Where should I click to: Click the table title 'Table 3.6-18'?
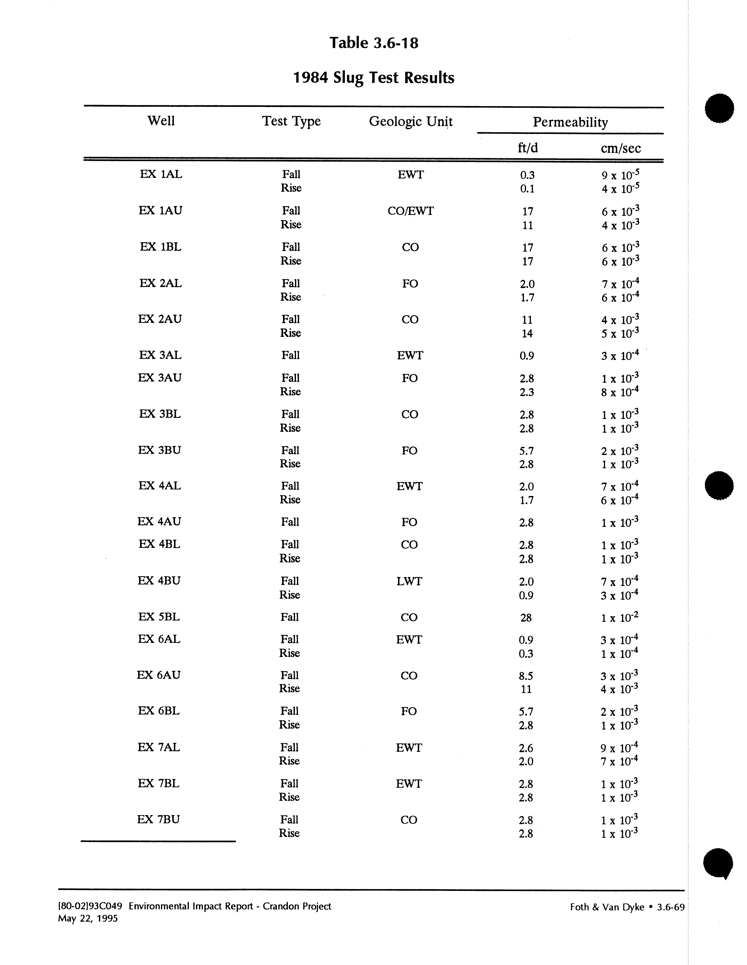coord(374,43)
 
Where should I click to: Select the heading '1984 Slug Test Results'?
coord(374,78)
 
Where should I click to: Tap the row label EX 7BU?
coord(158,820)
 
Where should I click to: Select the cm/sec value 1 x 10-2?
coord(619,618)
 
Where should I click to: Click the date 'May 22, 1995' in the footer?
coord(88,919)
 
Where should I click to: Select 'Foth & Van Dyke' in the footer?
coord(607,907)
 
